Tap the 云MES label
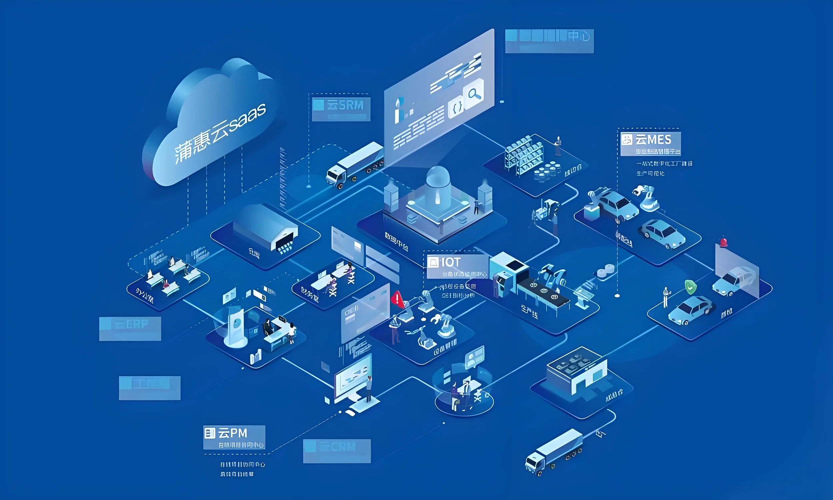[650, 140]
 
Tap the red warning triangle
[398, 298]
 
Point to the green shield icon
[690, 287]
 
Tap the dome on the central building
[438, 179]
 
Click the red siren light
[723, 242]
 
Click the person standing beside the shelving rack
[558, 146]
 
